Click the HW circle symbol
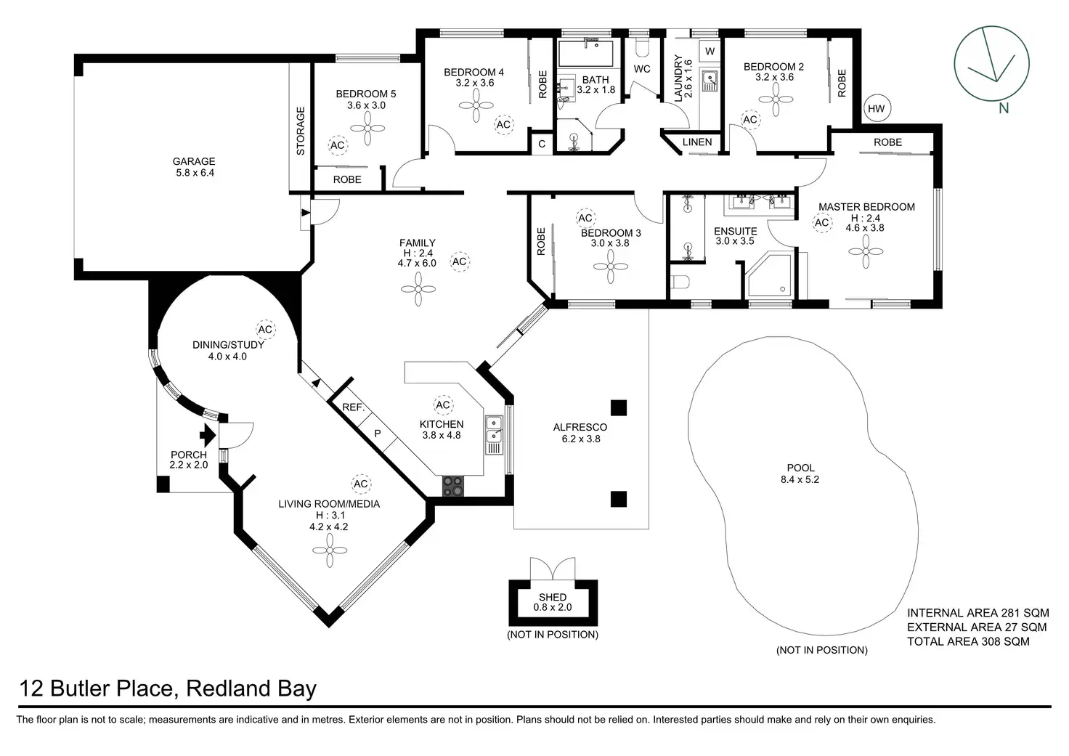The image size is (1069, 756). point(877,110)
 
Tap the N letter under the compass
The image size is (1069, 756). point(1004,109)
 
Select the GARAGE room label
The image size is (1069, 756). point(194,162)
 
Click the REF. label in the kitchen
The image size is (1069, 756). point(353,407)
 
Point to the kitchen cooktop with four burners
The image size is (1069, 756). point(453,485)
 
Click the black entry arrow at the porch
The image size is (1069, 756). point(208,436)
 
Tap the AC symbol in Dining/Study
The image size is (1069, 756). point(265,330)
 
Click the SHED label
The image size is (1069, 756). point(553,597)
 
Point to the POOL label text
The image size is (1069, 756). point(801,468)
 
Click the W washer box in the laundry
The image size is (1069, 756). point(710,52)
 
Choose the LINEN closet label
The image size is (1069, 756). point(697,142)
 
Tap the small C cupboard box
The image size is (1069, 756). point(542,144)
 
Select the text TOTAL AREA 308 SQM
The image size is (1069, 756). point(968,641)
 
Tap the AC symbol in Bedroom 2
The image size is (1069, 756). point(750,120)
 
